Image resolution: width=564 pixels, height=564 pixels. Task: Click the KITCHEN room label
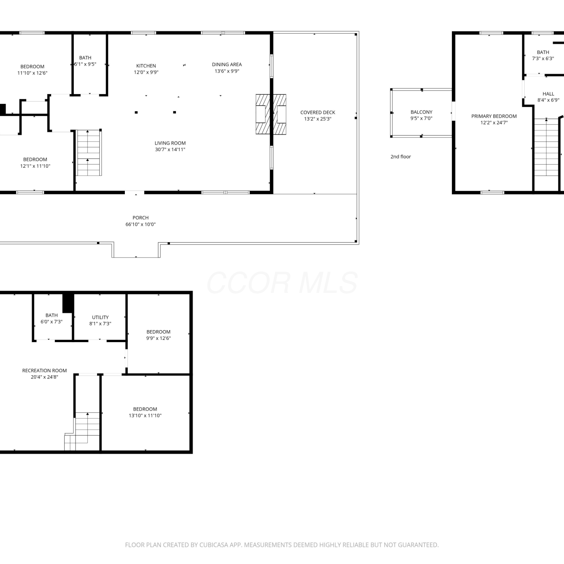point(146,66)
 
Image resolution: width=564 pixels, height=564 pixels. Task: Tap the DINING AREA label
point(227,65)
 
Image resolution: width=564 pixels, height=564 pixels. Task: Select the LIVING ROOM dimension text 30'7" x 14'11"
point(170,150)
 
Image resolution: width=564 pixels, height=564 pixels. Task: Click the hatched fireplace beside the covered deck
point(271,114)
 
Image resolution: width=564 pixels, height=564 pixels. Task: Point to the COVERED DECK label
point(318,112)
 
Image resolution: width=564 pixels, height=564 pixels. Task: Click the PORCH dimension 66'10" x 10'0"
point(141,224)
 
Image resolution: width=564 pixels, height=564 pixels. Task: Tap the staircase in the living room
point(89,152)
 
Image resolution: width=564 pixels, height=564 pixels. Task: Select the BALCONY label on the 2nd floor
point(421,112)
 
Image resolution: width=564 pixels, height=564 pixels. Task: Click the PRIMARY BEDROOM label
point(494,116)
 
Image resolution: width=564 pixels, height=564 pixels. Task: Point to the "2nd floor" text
point(401,157)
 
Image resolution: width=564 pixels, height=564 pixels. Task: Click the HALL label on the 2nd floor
point(548,94)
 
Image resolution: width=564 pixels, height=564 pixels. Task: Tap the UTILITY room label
point(100,317)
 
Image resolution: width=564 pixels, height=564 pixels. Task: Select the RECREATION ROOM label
point(44,371)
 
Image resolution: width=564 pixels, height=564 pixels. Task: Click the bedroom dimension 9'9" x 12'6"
point(158,338)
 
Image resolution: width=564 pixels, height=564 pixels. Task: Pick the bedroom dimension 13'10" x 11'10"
point(145,416)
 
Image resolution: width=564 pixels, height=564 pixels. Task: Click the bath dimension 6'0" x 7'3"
point(52,322)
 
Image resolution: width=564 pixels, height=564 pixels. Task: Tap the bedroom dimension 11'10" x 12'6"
point(32,73)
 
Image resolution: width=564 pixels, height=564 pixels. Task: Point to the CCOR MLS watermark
point(282,283)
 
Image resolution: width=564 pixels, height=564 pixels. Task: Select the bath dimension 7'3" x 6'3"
point(543,59)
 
